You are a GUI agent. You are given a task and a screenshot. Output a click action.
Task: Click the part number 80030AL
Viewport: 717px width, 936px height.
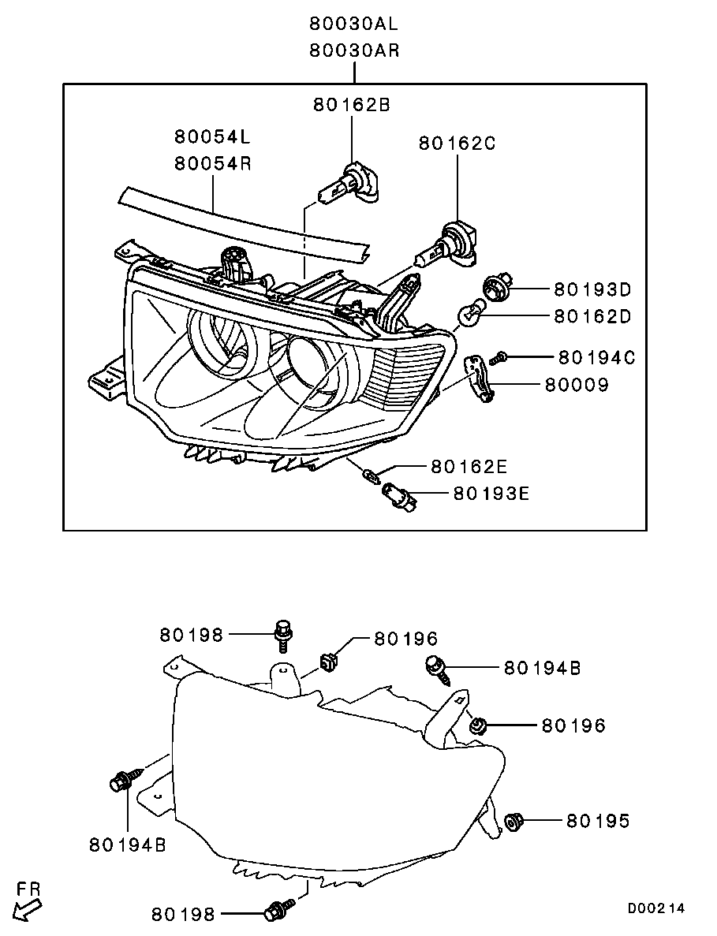tap(353, 24)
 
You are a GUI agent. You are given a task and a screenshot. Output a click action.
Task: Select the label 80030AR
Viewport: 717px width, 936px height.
tap(354, 50)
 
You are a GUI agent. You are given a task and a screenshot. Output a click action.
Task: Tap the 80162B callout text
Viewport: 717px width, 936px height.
tap(352, 105)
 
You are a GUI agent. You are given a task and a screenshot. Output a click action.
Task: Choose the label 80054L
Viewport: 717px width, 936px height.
tap(212, 136)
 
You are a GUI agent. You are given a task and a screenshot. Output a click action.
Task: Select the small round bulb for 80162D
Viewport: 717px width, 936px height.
tap(470, 313)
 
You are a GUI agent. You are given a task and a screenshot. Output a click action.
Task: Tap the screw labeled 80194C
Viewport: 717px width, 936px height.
tap(498, 358)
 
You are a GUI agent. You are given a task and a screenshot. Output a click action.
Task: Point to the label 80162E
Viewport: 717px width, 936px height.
tap(469, 466)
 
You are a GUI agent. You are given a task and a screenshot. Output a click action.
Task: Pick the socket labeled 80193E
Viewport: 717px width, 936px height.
tap(395, 493)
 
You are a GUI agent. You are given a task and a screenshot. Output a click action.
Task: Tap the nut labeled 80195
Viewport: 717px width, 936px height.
tap(513, 822)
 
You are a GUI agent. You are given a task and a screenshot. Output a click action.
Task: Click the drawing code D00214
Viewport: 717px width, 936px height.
tap(655, 908)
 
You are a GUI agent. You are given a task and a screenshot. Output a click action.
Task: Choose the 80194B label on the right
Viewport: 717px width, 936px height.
tap(542, 667)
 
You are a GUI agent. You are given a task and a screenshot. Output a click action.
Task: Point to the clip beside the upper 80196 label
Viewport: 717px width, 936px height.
tap(328, 662)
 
